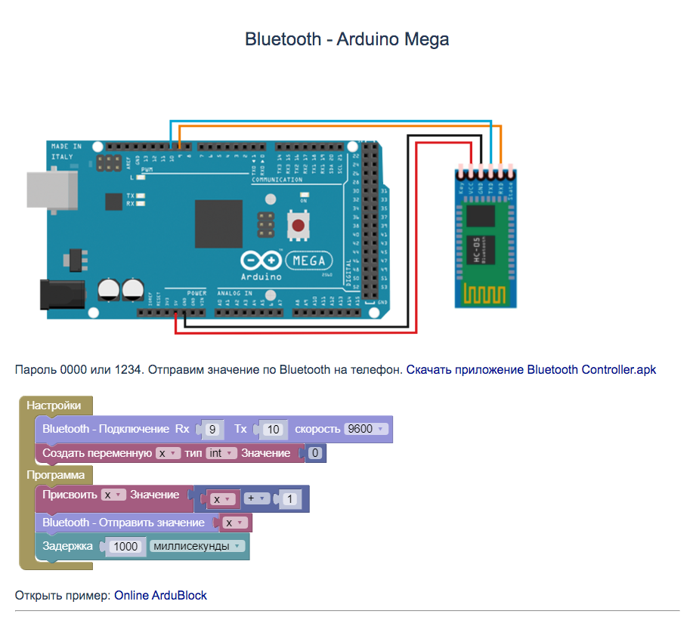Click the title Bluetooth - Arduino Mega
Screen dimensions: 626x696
coord(347,39)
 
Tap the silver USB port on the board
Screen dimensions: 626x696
coord(52,188)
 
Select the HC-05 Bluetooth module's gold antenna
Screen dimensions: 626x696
coord(485,290)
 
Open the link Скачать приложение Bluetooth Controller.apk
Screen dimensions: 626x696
coord(531,370)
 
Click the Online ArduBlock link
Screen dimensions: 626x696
coord(160,595)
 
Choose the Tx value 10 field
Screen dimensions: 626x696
coord(274,430)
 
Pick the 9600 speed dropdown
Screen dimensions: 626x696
coord(366,429)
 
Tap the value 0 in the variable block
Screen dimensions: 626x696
coord(315,454)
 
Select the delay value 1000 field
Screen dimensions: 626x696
coord(125,546)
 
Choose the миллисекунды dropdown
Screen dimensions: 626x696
coord(197,546)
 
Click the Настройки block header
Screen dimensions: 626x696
coord(54,406)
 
